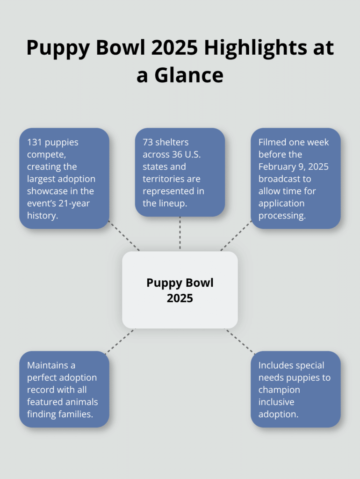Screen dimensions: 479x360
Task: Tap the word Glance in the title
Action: click(x=193, y=75)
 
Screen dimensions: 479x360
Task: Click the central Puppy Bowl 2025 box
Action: click(x=180, y=290)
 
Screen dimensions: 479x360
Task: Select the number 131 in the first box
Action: click(x=34, y=142)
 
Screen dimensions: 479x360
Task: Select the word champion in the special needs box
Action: click(x=279, y=390)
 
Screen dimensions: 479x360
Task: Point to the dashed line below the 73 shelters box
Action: click(x=180, y=234)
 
